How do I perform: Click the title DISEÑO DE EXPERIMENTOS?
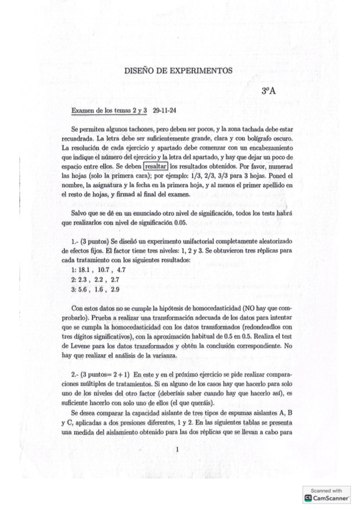[x=178, y=70]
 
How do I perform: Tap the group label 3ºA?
[x=268, y=91]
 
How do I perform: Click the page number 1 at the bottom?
[x=177, y=449]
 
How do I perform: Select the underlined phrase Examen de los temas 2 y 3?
[x=109, y=111]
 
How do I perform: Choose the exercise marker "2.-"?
[x=75, y=375]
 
